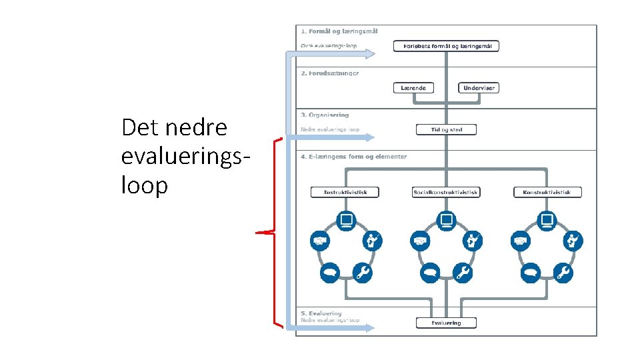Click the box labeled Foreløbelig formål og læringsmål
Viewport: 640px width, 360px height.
(446, 46)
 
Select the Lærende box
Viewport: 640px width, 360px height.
(413, 88)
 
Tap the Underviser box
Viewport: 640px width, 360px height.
(479, 88)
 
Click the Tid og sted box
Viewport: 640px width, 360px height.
(446, 129)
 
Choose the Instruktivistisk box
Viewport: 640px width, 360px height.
(344, 192)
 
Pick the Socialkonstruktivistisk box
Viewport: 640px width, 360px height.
(446, 192)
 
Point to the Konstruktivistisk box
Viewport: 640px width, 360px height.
(547, 192)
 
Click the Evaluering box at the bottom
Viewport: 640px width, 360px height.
(446, 323)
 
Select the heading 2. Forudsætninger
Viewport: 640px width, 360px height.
(330, 73)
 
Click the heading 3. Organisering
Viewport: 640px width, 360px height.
(325, 115)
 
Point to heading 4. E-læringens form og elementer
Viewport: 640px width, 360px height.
(353, 157)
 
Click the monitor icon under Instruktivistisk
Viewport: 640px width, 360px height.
(346, 219)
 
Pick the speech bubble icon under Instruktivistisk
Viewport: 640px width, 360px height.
(329, 271)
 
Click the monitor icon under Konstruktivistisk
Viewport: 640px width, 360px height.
(547, 219)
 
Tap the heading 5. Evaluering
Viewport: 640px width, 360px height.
(321, 313)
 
